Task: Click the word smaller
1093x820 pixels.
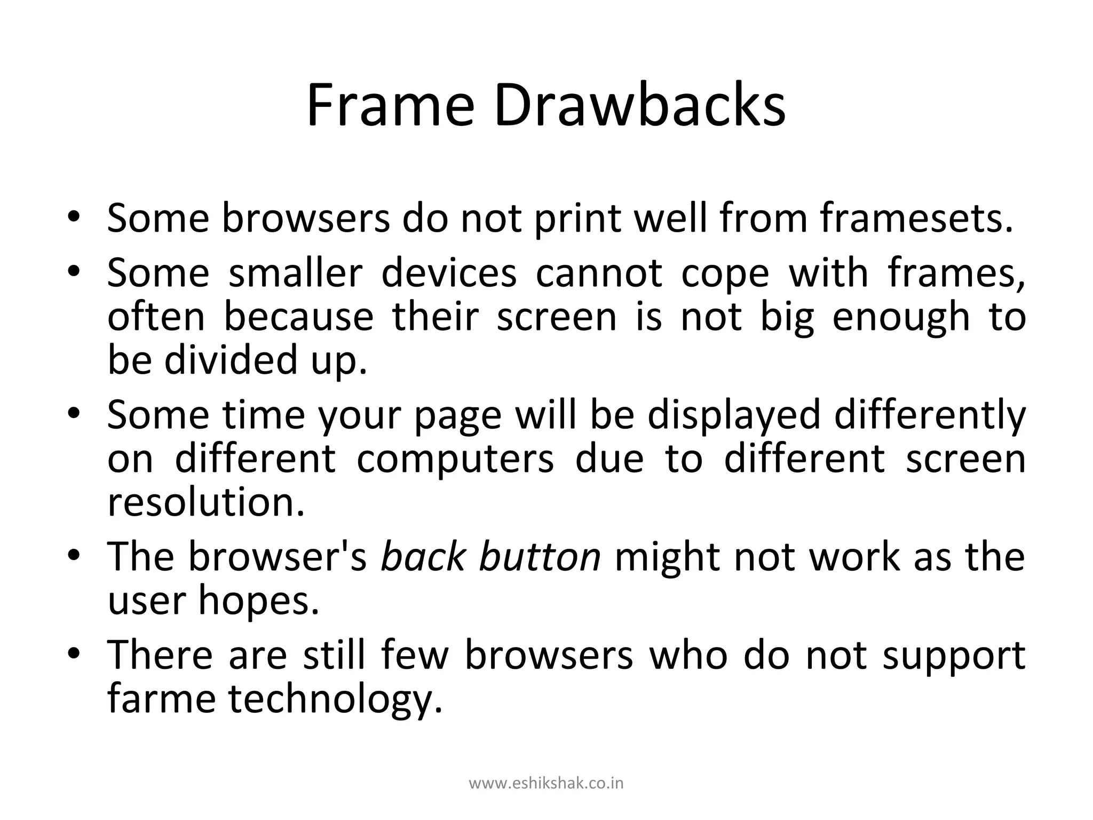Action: [295, 272]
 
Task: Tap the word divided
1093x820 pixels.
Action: [230, 359]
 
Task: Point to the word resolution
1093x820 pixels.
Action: [206, 502]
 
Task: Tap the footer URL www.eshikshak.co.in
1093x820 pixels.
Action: [546, 784]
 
